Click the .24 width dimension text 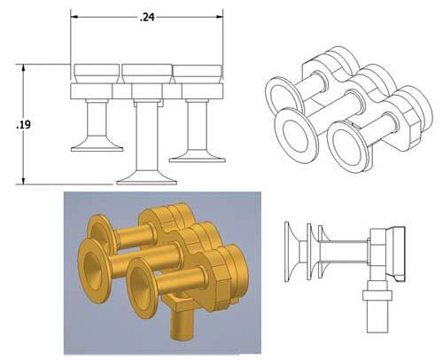pyautogui.click(x=147, y=16)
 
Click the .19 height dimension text pyautogui.click(x=24, y=125)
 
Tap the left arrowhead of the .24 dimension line pyautogui.click(x=75, y=16)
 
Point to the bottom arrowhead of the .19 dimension pyautogui.click(x=25, y=181)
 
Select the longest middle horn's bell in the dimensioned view pyautogui.click(x=147, y=176)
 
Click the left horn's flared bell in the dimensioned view pyautogui.click(x=97, y=144)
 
